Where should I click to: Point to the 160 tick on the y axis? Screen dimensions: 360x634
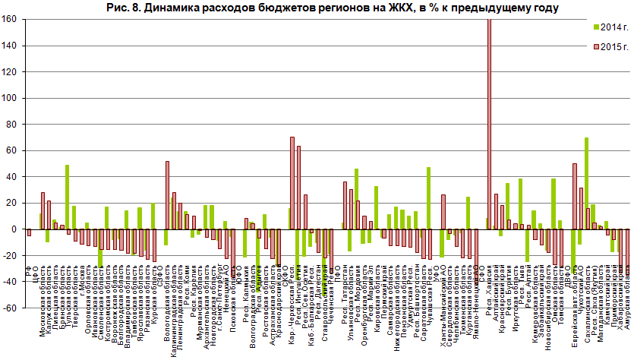(x=11, y=20)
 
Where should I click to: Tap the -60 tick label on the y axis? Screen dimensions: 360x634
(x=11, y=308)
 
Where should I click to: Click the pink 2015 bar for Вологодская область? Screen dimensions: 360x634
(x=167, y=195)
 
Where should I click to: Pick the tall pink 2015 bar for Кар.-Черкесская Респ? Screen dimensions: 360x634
(x=292, y=183)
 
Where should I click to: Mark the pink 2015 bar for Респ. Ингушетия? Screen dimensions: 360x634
(x=298, y=188)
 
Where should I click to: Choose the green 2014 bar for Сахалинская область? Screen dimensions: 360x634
(x=586, y=183)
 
